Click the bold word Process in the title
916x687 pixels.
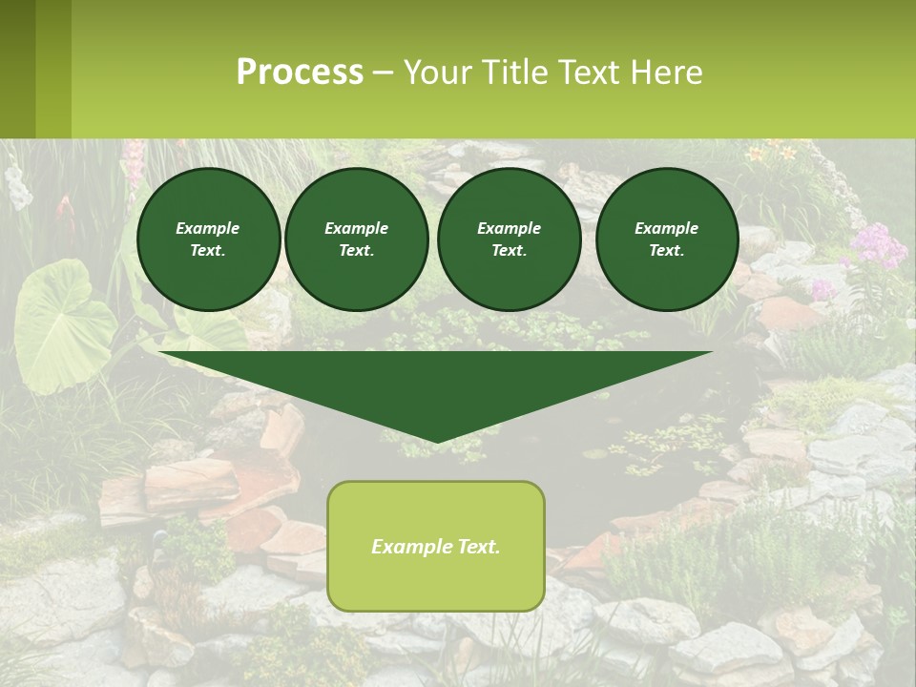(300, 73)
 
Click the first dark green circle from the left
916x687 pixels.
(208, 239)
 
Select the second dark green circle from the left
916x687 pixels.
(357, 239)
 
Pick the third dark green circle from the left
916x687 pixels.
(509, 239)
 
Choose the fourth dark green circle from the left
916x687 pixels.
(667, 239)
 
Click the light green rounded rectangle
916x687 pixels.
(436, 582)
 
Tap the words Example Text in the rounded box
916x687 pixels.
(436, 547)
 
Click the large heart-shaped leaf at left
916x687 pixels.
(57, 324)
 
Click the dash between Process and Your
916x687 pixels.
(383, 73)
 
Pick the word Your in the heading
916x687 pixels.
(438, 73)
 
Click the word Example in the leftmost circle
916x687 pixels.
(208, 228)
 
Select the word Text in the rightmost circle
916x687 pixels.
(666, 250)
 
